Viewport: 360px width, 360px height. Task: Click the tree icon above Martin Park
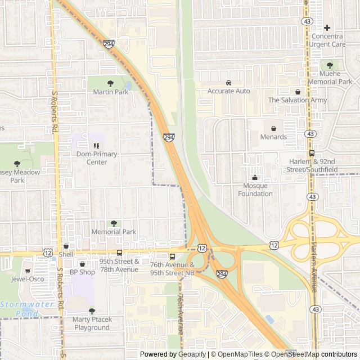pyautogui.click(x=110, y=83)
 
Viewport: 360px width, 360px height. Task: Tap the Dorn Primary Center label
pyautogui.click(x=97, y=158)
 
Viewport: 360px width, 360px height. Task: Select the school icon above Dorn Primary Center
pyautogui.click(x=96, y=146)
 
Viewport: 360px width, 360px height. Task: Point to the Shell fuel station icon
pyautogui.click(x=66, y=246)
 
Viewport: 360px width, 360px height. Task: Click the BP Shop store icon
pyautogui.click(x=82, y=264)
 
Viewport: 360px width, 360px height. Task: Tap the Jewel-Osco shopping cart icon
pyautogui.click(x=27, y=271)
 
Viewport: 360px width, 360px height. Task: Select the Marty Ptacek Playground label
pyautogui.click(x=92, y=323)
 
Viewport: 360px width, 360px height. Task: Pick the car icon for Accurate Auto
pyautogui.click(x=228, y=83)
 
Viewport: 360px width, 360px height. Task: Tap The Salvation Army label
pyautogui.click(x=297, y=100)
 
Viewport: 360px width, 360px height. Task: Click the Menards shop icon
pyautogui.click(x=273, y=128)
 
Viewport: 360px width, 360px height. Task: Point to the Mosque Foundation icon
pyautogui.click(x=254, y=178)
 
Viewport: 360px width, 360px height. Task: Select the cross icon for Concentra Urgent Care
pyautogui.click(x=327, y=28)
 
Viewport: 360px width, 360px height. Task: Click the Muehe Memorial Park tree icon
pyautogui.click(x=330, y=65)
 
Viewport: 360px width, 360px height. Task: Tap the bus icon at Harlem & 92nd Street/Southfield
pyautogui.click(x=312, y=153)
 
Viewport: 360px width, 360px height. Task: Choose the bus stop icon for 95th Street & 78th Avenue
pyautogui.click(x=119, y=253)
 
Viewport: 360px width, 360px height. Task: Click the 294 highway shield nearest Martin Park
pyautogui.click(x=108, y=43)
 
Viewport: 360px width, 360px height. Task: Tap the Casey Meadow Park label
pyautogui.click(x=17, y=176)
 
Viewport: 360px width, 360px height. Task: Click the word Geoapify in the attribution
pyautogui.click(x=191, y=354)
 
